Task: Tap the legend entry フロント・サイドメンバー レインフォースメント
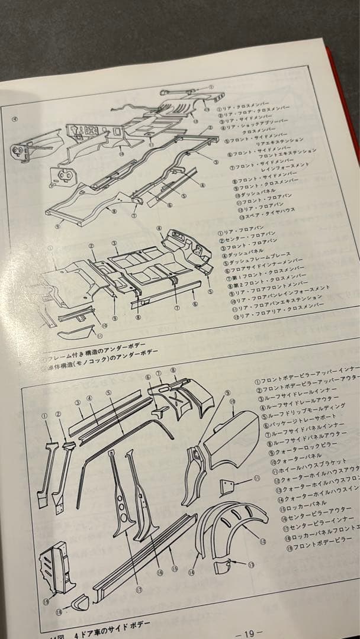point(272,167)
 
